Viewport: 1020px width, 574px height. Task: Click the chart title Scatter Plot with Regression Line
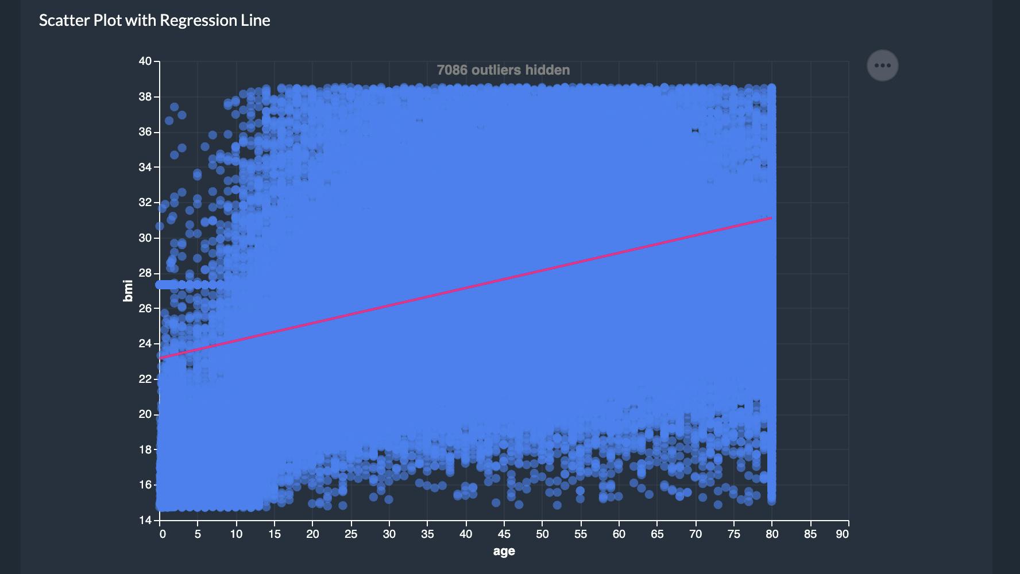click(x=154, y=21)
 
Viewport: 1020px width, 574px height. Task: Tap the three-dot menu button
click(x=882, y=65)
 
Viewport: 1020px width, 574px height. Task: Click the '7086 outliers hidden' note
click(x=503, y=70)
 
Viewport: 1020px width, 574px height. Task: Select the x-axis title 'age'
click(x=504, y=551)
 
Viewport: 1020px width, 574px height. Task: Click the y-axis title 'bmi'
click(x=128, y=290)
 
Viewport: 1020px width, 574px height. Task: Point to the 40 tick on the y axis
click(x=145, y=61)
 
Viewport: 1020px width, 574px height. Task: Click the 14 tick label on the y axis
click(x=145, y=520)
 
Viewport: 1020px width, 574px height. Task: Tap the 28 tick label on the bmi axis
click(x=145, y=273)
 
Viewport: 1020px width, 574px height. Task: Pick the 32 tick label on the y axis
click(x=145, y=203)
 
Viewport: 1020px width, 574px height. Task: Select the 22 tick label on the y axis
click(x=145, y=379)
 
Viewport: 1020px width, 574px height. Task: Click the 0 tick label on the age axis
click(x=163, y=534)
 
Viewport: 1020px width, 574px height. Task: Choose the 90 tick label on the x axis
click(x=842, y=534)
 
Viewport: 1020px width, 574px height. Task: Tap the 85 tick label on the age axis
click(x=810, y=534)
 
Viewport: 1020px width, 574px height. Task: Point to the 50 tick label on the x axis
click(x=542, y=534)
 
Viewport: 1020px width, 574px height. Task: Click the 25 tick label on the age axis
click(x=351, y=534)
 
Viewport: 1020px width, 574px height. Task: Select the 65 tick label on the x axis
click(x=657, y=534)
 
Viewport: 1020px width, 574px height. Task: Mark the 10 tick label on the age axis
click(x=236, y=534)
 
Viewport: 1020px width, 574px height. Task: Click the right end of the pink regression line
click(x=771, y=218)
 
